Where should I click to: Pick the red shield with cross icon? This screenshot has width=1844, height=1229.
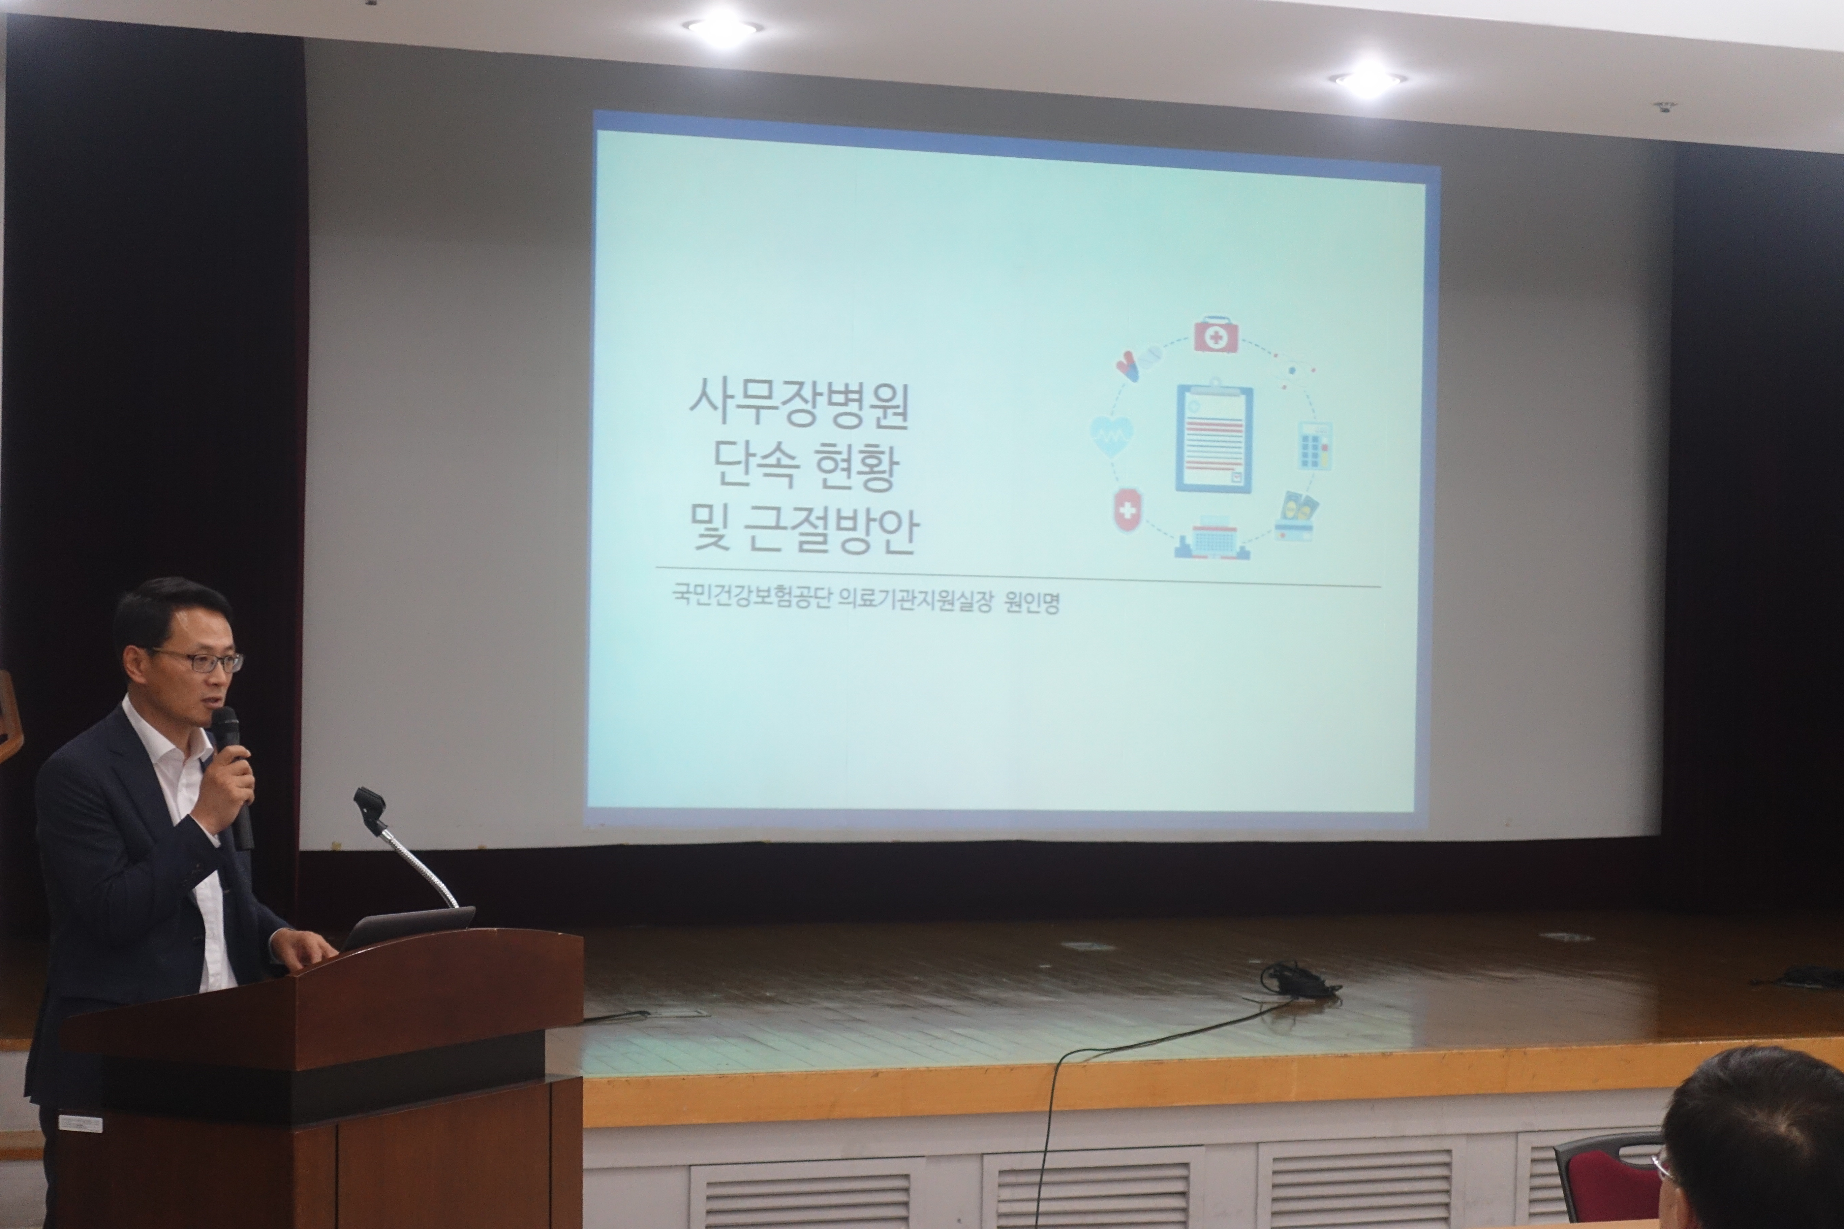pos(1128,510)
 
